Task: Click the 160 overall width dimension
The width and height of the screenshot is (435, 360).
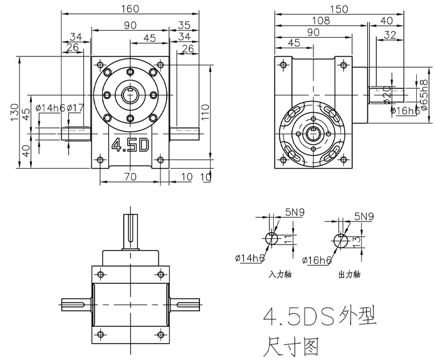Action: tap(131, 9)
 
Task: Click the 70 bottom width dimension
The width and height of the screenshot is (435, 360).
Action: tap(130, 177)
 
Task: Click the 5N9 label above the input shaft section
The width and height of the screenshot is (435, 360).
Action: tap(294, 213)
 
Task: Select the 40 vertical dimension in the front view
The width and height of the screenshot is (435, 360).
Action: tap(25, 151)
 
